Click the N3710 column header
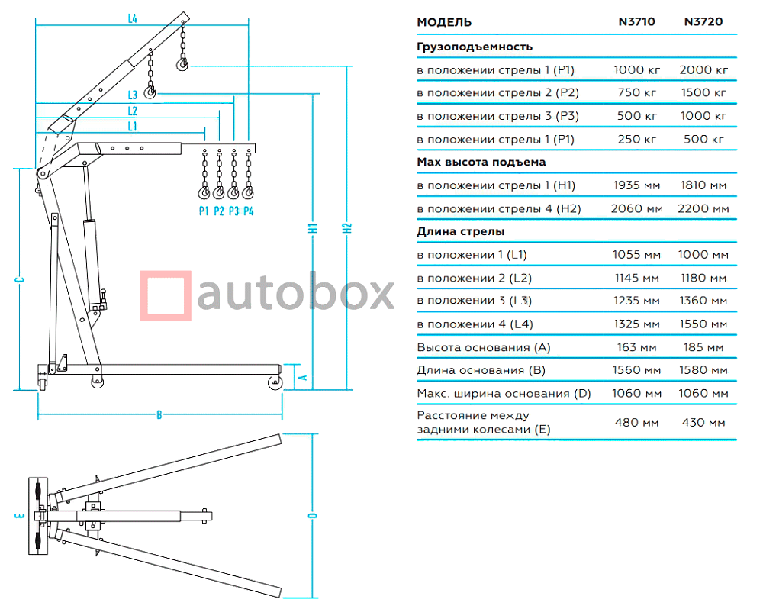click(636, 22)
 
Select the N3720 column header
click(703, 22)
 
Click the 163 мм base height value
click(636, 347)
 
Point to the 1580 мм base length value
click(703, 370)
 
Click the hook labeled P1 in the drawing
click(204, 192)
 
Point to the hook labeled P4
click(247, 192)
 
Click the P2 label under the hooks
click(218, 211)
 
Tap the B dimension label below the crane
click(159, 415)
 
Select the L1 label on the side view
click(133, 125)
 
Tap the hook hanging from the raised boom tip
click(182, 65)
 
